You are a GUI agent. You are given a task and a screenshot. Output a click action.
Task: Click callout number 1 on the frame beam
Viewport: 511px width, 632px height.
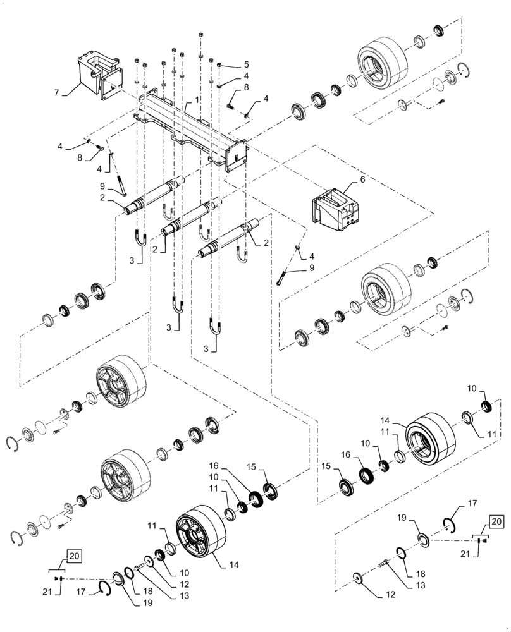(197, 99)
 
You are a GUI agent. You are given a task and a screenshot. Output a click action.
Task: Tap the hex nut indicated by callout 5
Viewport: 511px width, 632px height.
(219, 65)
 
